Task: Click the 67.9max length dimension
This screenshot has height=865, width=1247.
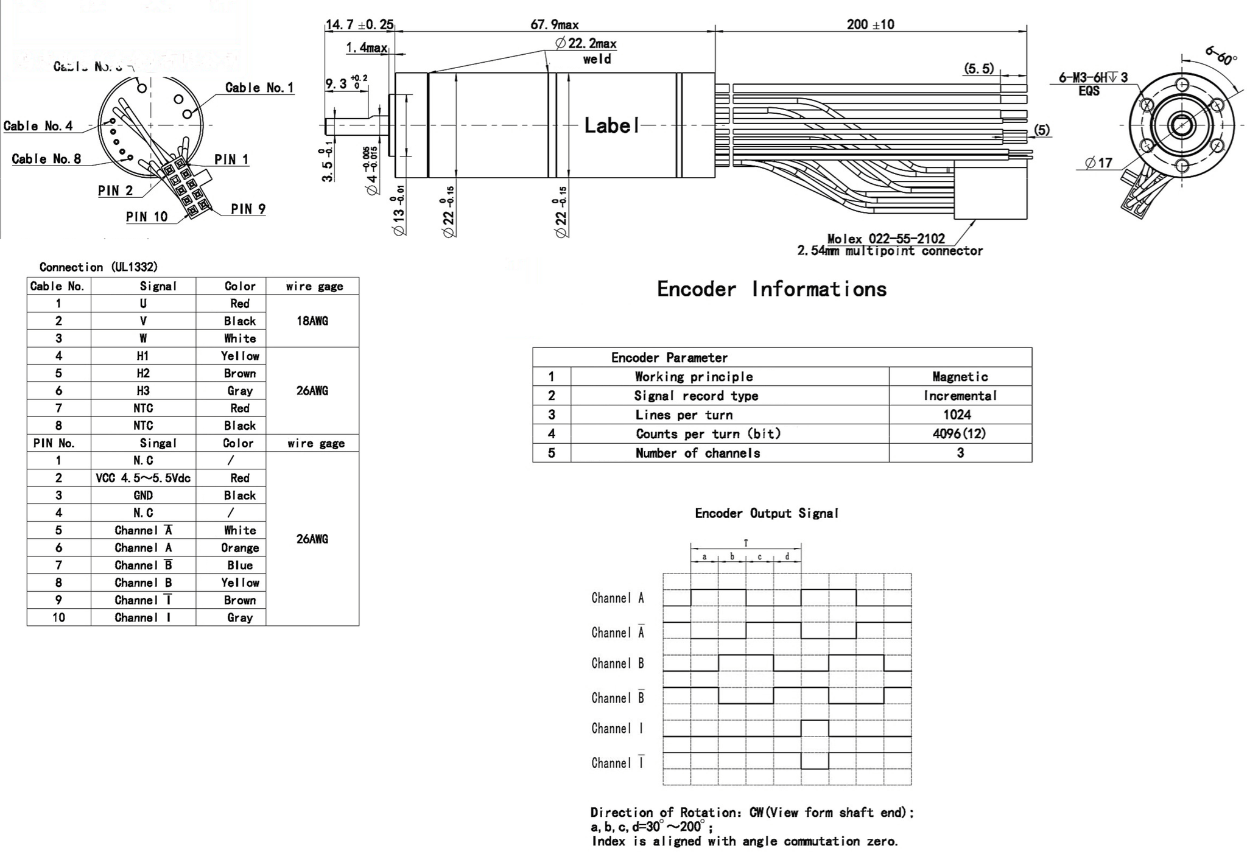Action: (554, 25)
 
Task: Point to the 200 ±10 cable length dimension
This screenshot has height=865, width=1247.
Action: (870, 25)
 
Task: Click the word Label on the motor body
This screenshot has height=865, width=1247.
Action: (611, 125)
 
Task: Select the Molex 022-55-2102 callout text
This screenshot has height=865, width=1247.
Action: (886, 239)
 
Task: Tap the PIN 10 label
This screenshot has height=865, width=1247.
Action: (146, 217)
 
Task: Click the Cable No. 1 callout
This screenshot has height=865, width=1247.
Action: (259, 88)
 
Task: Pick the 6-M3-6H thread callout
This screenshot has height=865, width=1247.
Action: (1093, 77)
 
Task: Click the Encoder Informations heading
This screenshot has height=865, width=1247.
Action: (771, 289)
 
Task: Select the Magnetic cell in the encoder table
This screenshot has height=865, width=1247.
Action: (960, 377)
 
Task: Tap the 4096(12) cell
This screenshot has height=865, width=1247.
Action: (959, 433)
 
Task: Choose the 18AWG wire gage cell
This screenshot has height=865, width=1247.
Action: (312, 321)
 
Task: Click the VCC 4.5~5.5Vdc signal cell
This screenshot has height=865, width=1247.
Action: (143, 478)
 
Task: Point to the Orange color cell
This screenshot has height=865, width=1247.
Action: (240, 548)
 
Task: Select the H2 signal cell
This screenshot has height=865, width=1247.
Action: (143, 373)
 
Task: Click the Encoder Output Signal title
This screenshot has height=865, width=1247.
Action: (767, 513)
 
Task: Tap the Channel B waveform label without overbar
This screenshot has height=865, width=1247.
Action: (617, 664)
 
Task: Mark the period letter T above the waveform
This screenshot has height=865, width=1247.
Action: (746, 543)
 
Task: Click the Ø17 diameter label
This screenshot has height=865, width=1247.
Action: (1098, 163)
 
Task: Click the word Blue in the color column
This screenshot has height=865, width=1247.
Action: (240, 566)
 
